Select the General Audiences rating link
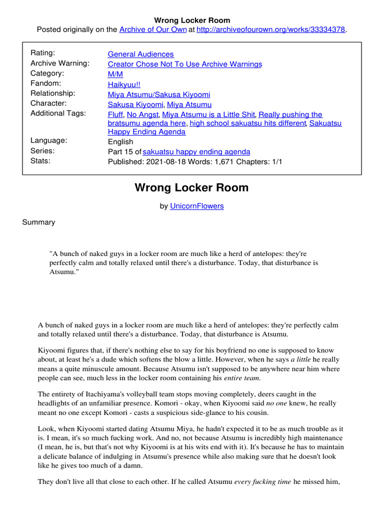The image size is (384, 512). (140, 54)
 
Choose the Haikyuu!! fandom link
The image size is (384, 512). (124, 84)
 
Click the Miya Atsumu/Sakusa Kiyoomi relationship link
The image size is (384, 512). (158, 94)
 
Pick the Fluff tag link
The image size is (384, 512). (115, 114)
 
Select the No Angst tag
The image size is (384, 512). (142, 114)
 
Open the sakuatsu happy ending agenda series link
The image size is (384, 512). (196, 151)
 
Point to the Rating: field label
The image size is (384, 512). (43, 53)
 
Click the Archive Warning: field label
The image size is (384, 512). (60, 63)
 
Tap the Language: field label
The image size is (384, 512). (49, 140)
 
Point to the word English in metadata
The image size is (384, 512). (120, 141)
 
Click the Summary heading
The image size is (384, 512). (38, 222)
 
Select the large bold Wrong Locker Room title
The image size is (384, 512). (191, 188)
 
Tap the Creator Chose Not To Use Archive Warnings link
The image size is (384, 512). (184, 64)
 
